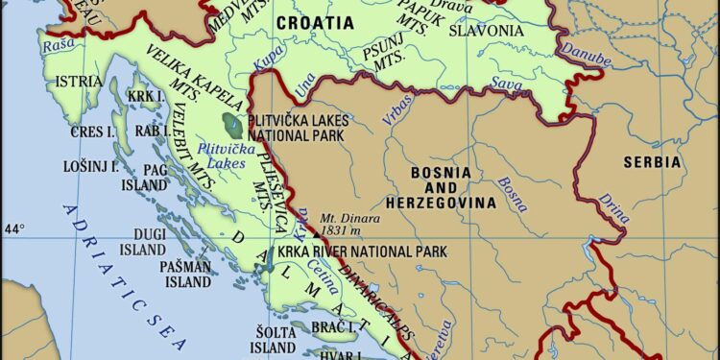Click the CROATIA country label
(314, 21)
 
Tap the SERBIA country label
(652, 162)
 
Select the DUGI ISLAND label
(142, 240)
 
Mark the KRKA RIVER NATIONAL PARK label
(362, 252)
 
